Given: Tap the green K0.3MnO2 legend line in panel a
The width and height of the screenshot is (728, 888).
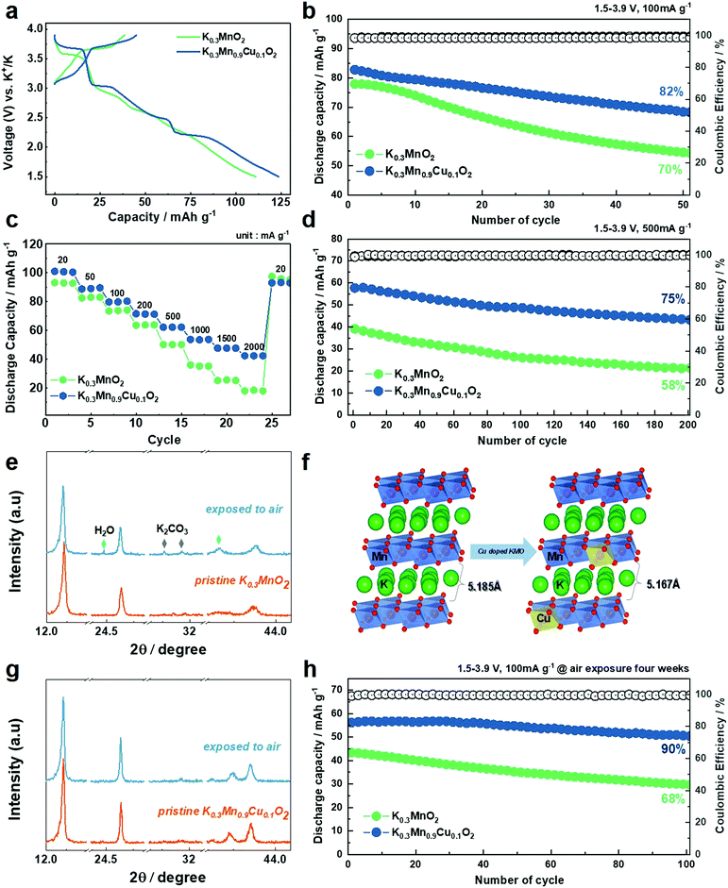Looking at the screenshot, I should click(x=190, y=37).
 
